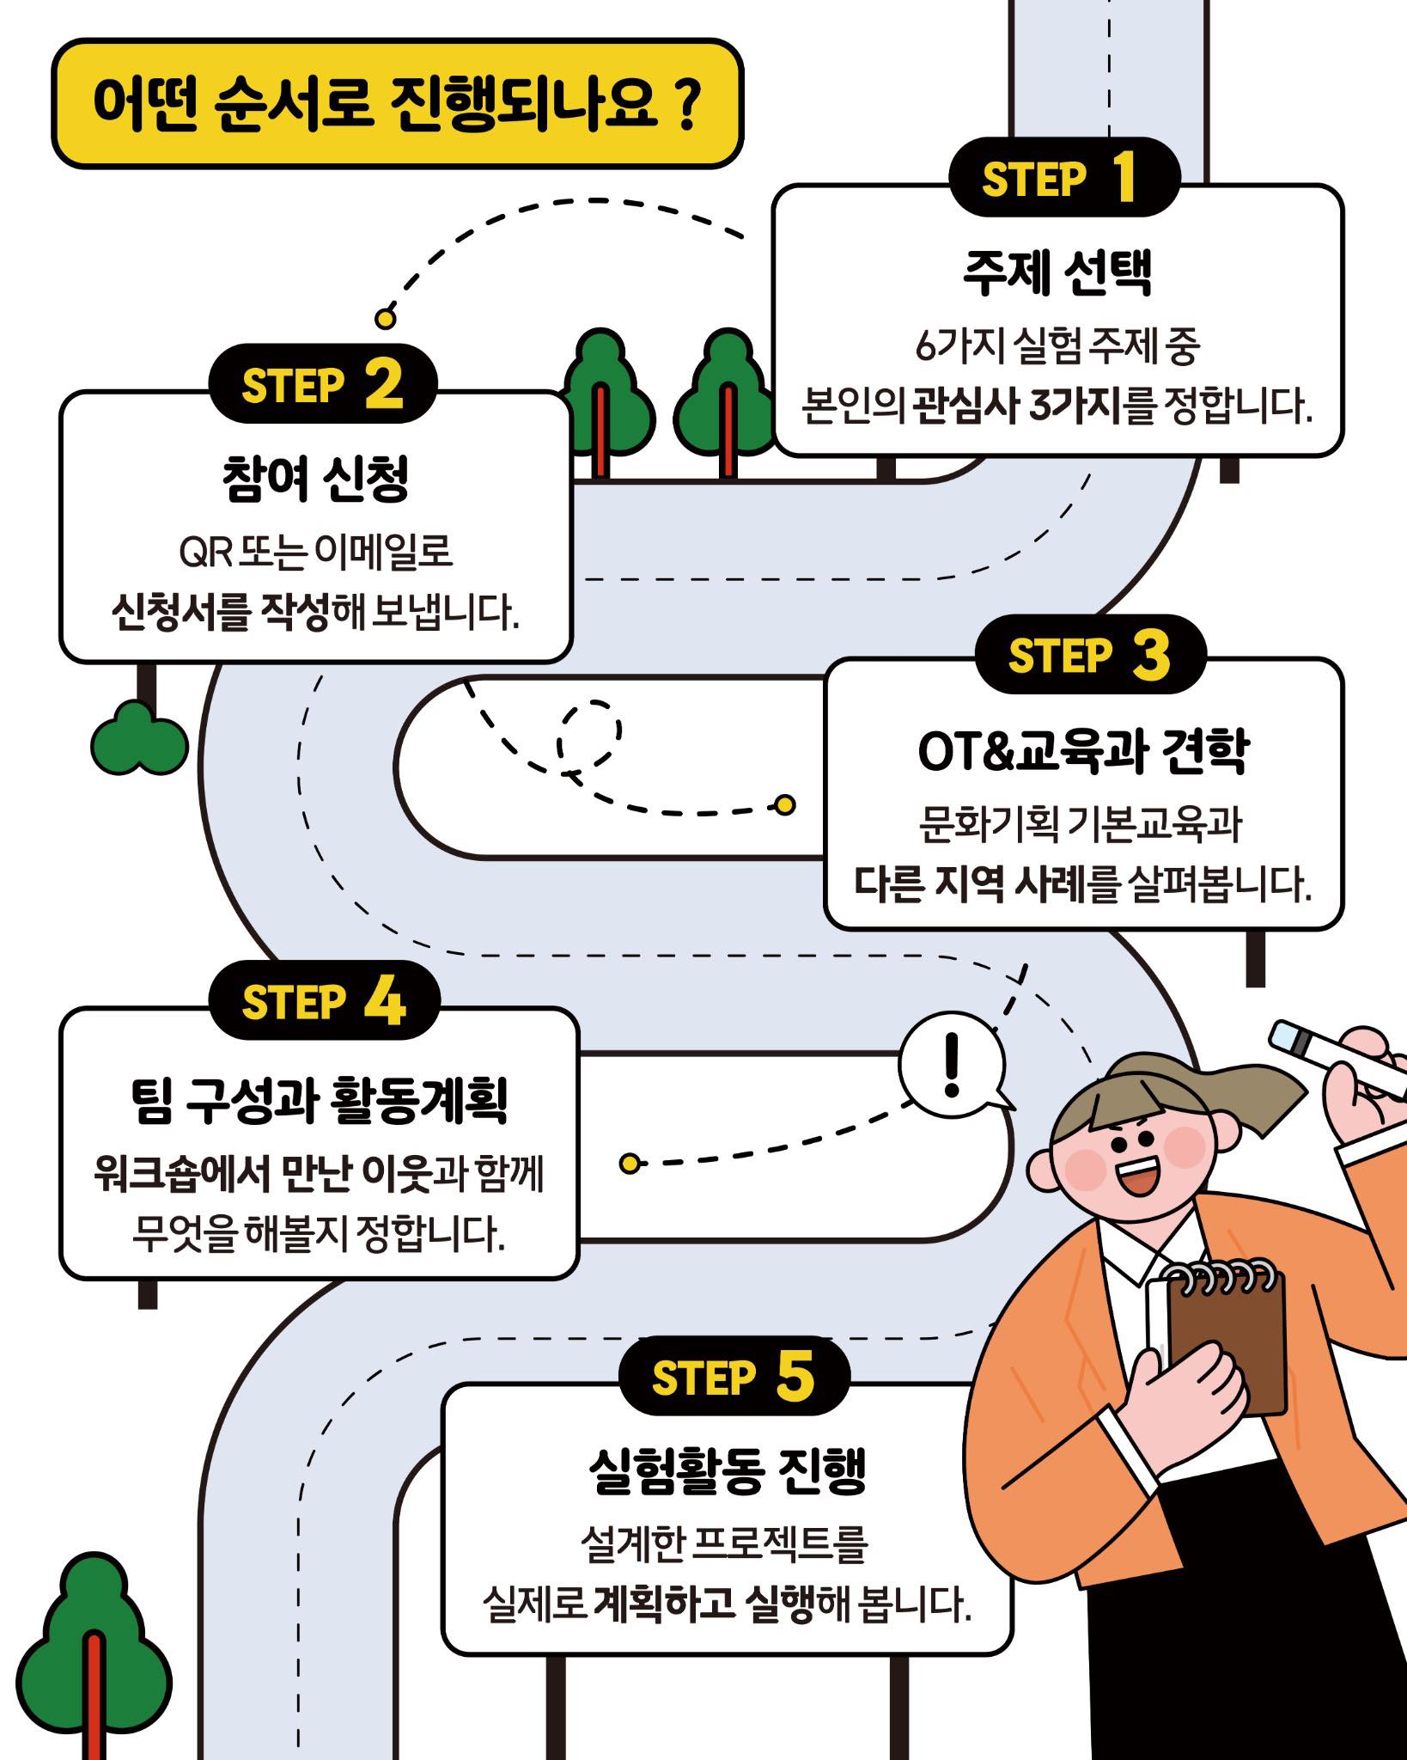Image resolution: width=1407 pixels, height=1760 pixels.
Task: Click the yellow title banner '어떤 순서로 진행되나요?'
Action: [397, 103]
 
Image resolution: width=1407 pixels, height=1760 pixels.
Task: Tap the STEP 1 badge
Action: [1064, 177]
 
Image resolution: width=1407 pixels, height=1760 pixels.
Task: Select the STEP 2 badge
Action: [323, 383]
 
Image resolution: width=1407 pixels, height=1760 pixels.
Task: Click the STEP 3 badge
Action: [1090, 654]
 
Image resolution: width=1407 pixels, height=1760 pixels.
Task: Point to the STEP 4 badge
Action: [324, 1000]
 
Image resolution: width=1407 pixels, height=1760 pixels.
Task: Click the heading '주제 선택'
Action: [1057, 272]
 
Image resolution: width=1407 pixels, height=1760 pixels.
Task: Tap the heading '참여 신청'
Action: [315, 478]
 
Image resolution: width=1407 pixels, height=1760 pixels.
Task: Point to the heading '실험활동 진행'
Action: [728, 1470]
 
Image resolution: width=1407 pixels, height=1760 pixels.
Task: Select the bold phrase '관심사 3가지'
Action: [1017, 404]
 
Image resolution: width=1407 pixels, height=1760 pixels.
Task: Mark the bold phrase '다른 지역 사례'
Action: [971, 883]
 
